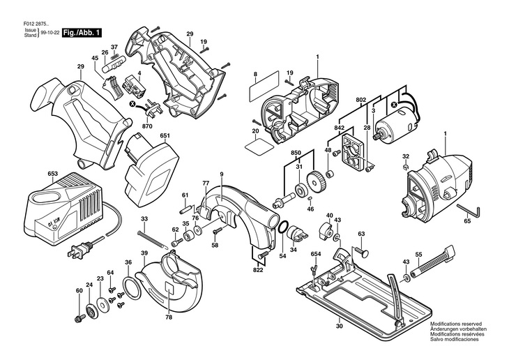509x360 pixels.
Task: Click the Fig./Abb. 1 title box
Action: (82, 33)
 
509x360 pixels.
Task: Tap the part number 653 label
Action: (33, 173)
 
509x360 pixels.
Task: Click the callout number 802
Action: (361, 100)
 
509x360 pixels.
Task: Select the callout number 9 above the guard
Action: (221, 173)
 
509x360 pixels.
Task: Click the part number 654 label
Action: (315, 255)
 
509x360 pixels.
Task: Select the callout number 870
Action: (146, 127)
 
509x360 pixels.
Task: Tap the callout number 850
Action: (296, 152)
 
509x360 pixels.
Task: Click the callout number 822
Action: (258, 269)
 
